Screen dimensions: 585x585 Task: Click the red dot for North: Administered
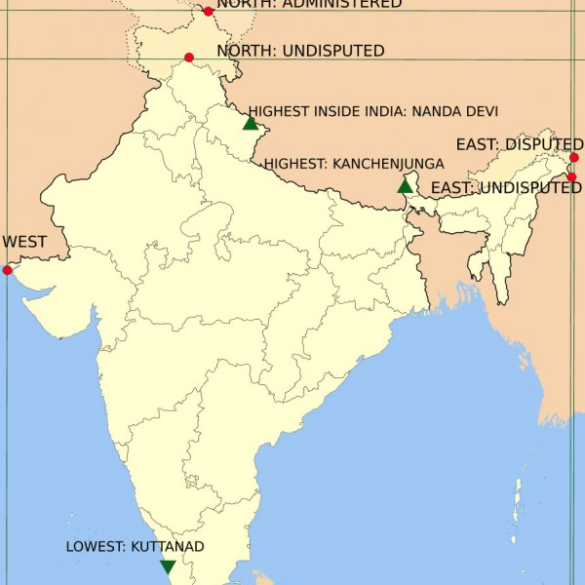pos(208,12)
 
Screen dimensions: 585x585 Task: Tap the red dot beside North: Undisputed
pos(189,58)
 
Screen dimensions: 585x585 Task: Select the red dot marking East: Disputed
pos(574,157)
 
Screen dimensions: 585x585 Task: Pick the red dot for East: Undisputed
pos(572,177)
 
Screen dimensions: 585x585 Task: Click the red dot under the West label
pos(8,270)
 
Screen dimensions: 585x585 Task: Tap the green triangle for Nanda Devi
pos(251,123)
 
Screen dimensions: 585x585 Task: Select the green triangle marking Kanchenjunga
pos(406,185)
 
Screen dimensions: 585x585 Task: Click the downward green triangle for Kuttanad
pos(168,566)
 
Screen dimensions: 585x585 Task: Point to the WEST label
pos(24,241)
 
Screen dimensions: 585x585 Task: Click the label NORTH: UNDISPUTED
pos(300,51)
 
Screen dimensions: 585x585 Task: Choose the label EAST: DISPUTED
pos(519,144)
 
